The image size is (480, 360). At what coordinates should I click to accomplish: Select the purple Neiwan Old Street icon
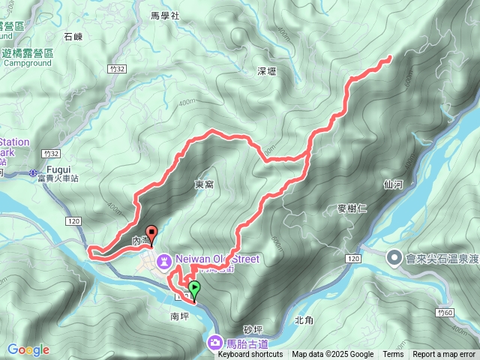164,260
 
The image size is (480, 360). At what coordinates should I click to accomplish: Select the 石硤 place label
73,36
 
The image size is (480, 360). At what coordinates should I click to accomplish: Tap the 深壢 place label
267,72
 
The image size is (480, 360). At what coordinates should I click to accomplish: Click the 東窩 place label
204,184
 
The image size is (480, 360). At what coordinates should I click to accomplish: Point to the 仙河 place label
392,183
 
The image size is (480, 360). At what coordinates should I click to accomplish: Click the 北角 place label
304,320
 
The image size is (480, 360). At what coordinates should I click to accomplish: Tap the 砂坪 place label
254,330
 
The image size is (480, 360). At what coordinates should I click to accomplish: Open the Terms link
393,355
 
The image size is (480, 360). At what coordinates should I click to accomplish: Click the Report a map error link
445,355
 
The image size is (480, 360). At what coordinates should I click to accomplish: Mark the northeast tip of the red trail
390,58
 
